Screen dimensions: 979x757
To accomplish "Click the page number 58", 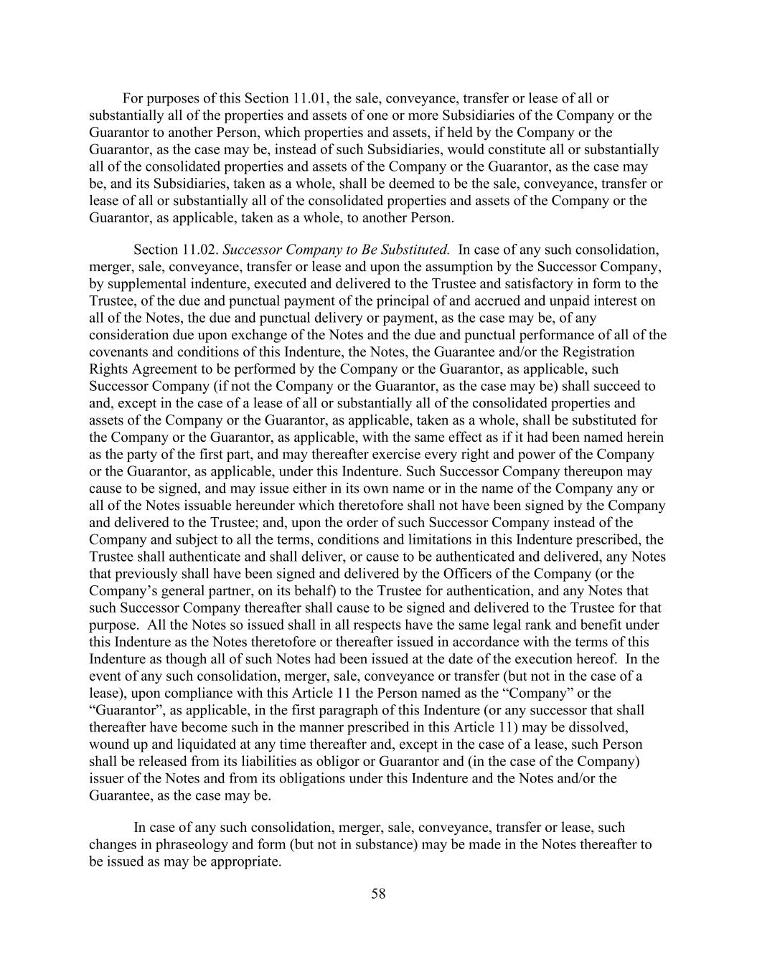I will tap(378, 894).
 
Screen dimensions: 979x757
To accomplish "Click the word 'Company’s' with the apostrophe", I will tap(120, 591).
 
